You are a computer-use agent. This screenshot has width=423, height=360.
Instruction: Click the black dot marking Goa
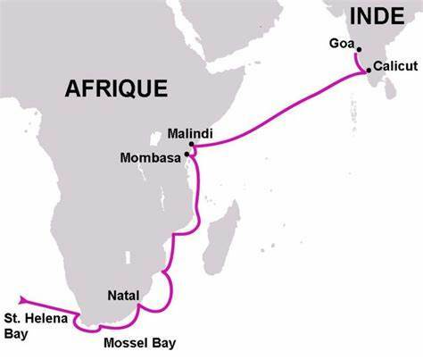pos(359,49)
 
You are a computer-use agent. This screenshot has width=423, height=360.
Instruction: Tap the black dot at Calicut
pos(369,70)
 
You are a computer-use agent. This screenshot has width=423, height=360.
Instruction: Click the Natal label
pos(124,292)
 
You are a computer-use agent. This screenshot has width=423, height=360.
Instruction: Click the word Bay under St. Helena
pos(16,335)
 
